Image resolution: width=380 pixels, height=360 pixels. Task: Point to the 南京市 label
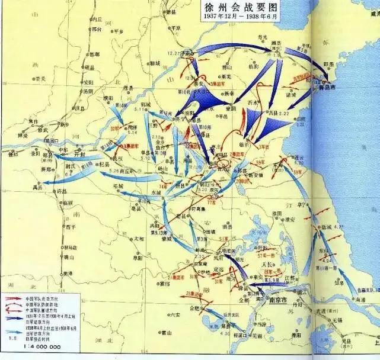tap(274, 301)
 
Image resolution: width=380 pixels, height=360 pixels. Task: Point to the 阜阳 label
tap(138, 258)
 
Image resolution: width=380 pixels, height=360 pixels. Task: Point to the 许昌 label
tap(61, 192)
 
